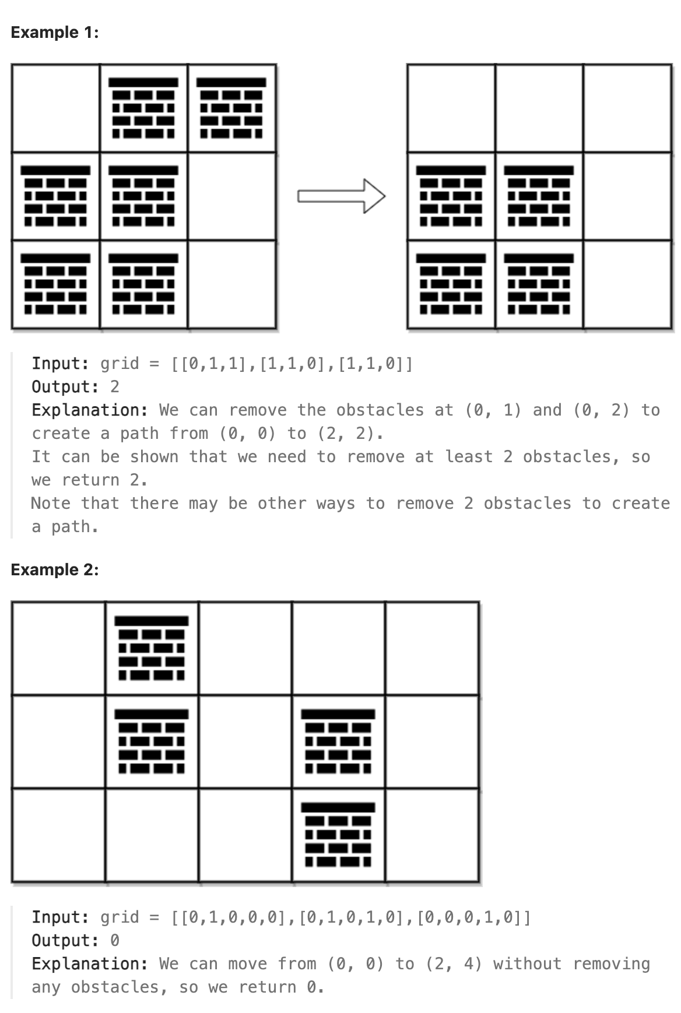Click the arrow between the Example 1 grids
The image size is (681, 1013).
coord(341,196)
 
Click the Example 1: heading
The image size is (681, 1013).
coord(55,33)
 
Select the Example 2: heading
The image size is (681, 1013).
coord(55,569)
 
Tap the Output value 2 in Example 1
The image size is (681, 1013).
coord(114,387)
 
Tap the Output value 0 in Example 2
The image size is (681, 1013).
coord(114,941)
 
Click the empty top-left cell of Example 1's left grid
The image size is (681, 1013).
coord(55,108)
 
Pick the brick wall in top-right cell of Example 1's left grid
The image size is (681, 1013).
coord(231,108)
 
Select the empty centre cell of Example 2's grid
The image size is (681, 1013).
coord(245,741)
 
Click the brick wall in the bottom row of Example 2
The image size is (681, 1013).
coord(338,835)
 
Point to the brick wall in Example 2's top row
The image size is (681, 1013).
coord(152,648)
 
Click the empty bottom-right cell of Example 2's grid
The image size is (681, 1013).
coord(432,835)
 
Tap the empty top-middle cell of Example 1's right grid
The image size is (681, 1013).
coord(539,108)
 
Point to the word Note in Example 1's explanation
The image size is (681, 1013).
coord(51,504)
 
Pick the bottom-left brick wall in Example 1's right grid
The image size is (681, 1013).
coord(451,284)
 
